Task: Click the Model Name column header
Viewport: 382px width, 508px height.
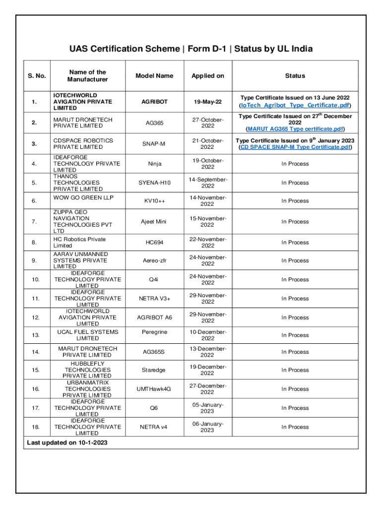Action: [x=154, y=76]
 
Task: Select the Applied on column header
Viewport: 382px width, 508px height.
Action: [x=208, y=76]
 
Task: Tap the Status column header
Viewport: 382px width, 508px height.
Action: [x=295, y=76]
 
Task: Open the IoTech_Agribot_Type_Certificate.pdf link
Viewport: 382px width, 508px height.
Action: [x=295, y=106]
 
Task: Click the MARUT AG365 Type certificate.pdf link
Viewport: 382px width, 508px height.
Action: [x=295, y=129]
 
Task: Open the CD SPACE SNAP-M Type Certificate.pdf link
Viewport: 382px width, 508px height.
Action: [x=295, y=147]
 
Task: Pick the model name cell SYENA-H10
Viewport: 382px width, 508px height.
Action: [x=154, y=183]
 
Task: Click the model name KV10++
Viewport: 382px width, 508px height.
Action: [x=154, y=201]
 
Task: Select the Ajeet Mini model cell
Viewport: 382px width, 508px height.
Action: [x=154, y=222]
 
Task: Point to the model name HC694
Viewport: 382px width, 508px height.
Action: [x=154, y=243]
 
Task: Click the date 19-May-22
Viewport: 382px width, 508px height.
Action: [x=208, y=102]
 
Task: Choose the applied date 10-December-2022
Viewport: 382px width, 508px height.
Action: [x=208, y=335]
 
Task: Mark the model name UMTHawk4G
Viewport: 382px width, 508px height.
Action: [x=154, y=389]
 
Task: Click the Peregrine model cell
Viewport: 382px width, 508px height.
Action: [x=154, y=332]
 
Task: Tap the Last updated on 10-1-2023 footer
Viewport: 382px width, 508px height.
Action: [x=67, y=442]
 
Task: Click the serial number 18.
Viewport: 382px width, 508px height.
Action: [x=35, y=427]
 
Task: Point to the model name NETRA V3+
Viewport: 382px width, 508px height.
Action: [x=154, y=299]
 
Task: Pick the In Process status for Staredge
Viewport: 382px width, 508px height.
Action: [x=295, y=370]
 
